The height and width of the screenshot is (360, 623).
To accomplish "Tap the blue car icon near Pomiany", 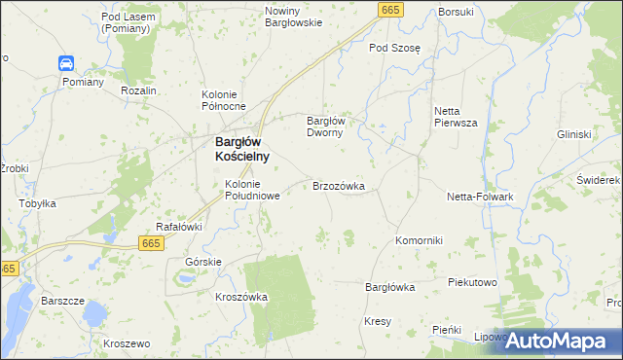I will point(66,64).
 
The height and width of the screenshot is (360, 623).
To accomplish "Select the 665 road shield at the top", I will point(390,10).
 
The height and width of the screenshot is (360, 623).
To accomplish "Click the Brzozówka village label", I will point(338,185).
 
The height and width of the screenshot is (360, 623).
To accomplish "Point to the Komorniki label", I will point(420,240).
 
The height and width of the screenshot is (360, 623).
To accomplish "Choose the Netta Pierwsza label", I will point(455,117).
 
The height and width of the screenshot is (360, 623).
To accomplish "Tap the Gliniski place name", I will point(574,134).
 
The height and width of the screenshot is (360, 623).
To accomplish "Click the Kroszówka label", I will point(241,297).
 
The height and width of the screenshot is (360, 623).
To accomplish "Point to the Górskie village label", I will point(203,263).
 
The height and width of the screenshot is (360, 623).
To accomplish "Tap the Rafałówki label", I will point(179,227).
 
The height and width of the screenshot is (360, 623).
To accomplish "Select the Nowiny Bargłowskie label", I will point(293,17).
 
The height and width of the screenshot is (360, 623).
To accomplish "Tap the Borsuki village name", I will point(456,12).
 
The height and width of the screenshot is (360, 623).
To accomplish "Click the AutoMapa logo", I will point(562,342).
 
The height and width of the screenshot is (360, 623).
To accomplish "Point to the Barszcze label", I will point(61,301).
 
